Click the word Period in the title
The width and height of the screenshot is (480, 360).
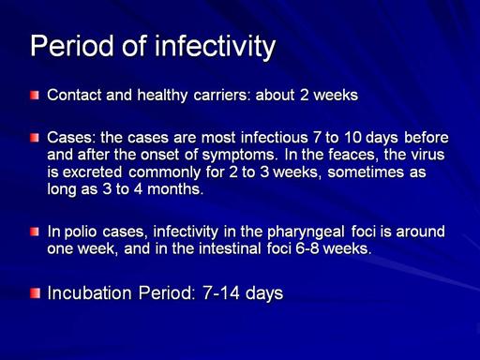[x=72, y=46]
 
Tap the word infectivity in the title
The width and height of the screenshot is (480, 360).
[x=216, y=47]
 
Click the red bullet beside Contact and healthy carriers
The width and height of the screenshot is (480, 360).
[x=35, y=96]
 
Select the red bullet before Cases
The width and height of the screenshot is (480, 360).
[x=35, y=138]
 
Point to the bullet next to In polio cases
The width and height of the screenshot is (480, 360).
[x=35, y=232]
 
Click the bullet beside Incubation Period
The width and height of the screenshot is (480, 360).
[x=36, y=293]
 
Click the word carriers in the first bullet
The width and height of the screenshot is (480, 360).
[x=222, y=95]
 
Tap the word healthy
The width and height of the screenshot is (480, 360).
[x=162, y=96]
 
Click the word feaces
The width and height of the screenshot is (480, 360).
[x=352, y=155]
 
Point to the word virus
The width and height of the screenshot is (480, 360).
[x=427, y=155]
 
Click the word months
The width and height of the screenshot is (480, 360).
[x=175, y=189]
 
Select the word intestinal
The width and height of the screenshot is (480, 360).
[x=230, y=248]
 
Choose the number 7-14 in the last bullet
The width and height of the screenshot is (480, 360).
[x=221, y=293]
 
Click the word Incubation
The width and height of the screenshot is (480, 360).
[x=89, y=293]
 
